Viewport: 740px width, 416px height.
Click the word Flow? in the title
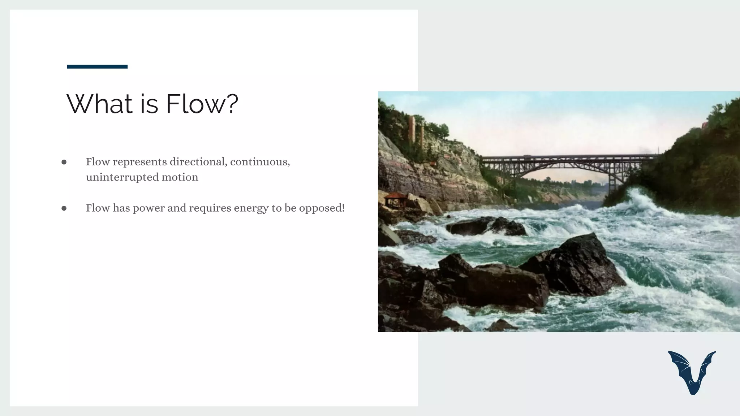coord(202,104)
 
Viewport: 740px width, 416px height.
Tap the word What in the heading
coord(99,104)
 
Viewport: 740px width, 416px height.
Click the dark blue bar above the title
coord(97,66)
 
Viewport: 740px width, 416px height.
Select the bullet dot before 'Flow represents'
coord(64,162)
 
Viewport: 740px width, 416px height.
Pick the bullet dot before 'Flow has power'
coord(64,208)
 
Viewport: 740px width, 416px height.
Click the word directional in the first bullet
coord(198,162)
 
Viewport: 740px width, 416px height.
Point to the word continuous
coord(260,162)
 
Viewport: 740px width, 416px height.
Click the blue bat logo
coord(692,372)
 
